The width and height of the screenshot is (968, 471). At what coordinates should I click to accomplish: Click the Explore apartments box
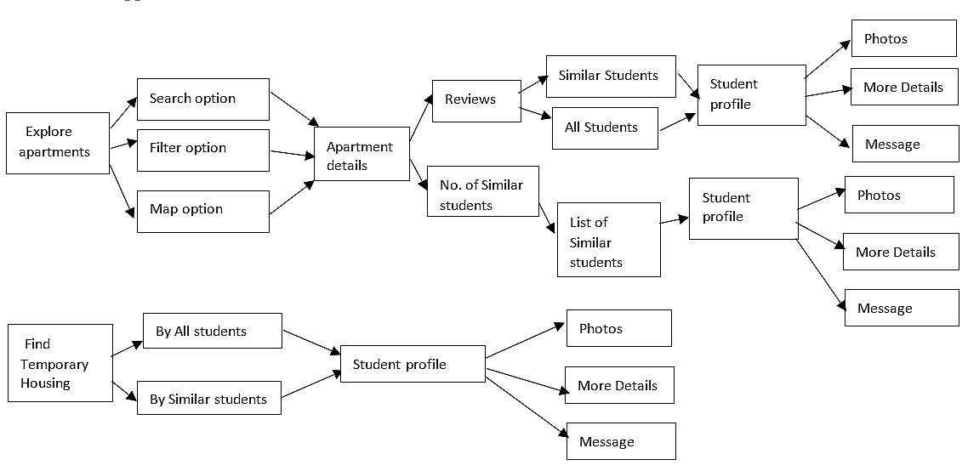(x=58, y=143)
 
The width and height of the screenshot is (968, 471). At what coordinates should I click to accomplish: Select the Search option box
(x=203, y=99)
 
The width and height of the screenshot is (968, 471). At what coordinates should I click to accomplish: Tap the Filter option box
(x=203, y=150)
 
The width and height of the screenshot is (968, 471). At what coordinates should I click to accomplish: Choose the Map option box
(x=203, y=211)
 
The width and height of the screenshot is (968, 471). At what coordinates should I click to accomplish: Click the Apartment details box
(x=362, y=154)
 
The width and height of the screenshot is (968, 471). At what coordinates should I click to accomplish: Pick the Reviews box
(x=476, y=100)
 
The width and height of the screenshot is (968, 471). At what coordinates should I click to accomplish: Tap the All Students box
(x=605, y=128)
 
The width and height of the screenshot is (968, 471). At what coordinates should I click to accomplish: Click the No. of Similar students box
(x=483, y=190)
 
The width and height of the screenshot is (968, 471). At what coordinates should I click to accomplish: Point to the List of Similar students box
(x=609, y=240)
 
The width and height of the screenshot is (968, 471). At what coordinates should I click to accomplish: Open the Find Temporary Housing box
(x=60, y=363)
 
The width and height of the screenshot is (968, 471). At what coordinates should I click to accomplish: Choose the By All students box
(x=213, y=330)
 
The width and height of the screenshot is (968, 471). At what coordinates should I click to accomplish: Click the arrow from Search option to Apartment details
(x=294, y=109)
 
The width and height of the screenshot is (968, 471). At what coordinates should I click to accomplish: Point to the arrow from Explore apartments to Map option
(x=122, y=191)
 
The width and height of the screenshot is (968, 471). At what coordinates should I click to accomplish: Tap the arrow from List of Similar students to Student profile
(x=675, y=220)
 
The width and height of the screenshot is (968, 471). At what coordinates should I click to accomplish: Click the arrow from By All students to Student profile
(x=312, y=343)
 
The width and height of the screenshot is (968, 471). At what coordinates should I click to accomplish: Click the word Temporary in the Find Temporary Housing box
(x=54, y=364)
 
